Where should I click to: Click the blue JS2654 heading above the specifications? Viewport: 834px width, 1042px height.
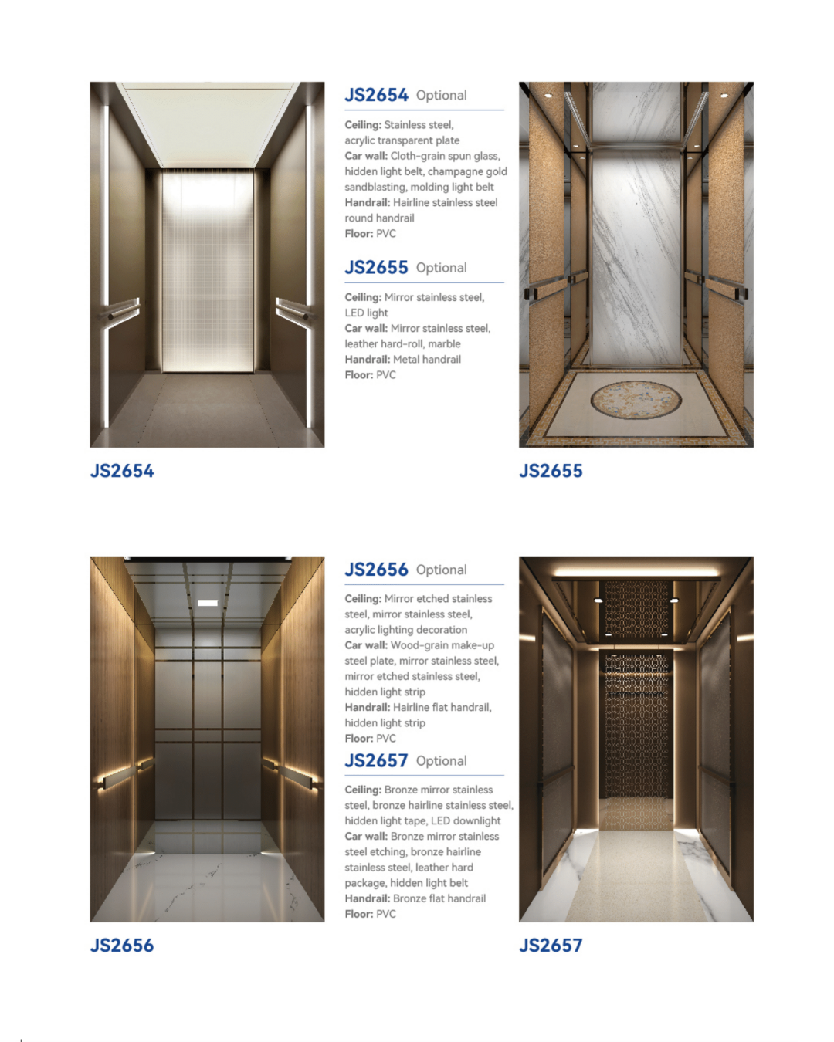[376, 95]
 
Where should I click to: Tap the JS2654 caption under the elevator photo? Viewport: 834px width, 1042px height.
[122, 471]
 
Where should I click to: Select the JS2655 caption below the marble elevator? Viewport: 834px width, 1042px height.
[551, 471]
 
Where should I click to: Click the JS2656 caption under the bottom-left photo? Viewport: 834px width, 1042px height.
[122, 946]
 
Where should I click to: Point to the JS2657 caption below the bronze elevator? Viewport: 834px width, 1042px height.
[551, 946]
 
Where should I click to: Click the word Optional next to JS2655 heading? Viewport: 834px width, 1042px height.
[441, 268]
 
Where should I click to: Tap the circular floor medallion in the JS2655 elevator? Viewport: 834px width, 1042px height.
[636, 399]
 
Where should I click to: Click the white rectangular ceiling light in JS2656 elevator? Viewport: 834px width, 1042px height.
[207, 603]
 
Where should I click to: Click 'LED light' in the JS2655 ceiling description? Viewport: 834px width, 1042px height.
[366, 313]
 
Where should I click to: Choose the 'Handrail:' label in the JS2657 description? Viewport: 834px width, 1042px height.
[367, 898]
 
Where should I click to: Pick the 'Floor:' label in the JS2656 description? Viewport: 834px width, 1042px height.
[358, 738]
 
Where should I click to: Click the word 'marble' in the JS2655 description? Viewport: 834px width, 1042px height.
[444, 343]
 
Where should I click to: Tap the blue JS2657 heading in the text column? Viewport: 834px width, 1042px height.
[376, 761]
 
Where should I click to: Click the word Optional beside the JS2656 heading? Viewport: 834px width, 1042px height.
[441, 570]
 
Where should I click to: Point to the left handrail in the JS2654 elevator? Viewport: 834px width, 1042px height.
[124, 310]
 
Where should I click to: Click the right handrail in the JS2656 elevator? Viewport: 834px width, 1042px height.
[294, 773]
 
